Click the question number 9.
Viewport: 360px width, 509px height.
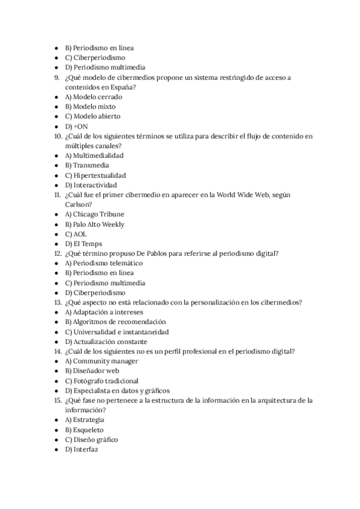57,77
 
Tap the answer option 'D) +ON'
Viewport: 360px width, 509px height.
76,126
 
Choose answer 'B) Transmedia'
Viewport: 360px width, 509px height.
87,165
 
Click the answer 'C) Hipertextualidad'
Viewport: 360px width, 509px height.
95,175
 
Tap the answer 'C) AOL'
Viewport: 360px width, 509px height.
76,233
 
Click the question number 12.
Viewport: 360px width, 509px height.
58,253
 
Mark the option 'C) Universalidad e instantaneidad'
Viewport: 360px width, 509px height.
116,331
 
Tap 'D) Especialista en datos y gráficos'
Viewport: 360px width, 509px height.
117,390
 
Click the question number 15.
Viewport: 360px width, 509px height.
58,400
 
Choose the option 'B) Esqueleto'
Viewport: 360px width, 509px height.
84,430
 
